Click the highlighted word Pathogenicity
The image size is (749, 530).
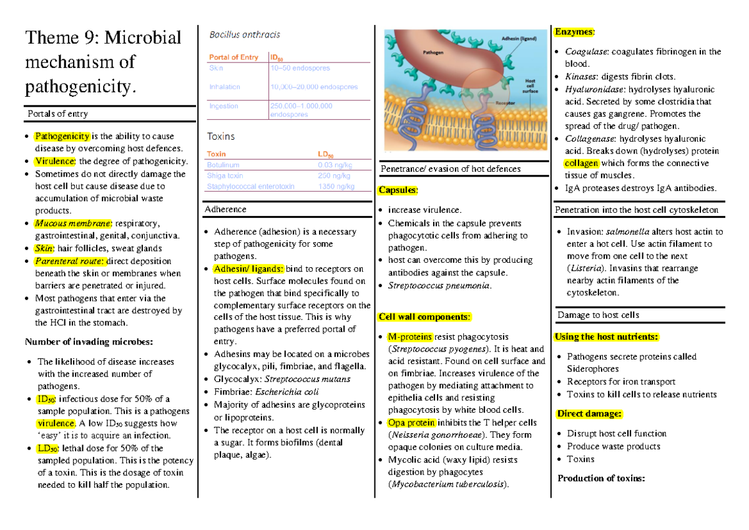point(62,136)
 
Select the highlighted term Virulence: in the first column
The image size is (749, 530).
point(55,161)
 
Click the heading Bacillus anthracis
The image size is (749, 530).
point(245,34)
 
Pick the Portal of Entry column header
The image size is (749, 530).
point(233,57)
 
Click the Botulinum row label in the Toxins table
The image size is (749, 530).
point(222,165)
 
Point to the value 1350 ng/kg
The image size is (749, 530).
point(336,187)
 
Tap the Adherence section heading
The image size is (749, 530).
point(225,209)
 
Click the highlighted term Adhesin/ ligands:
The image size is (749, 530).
point(248,269)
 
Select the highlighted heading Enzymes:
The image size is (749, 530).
point(575,31)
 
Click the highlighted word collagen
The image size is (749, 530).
point(581,163)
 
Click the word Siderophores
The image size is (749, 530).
point(593,369)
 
